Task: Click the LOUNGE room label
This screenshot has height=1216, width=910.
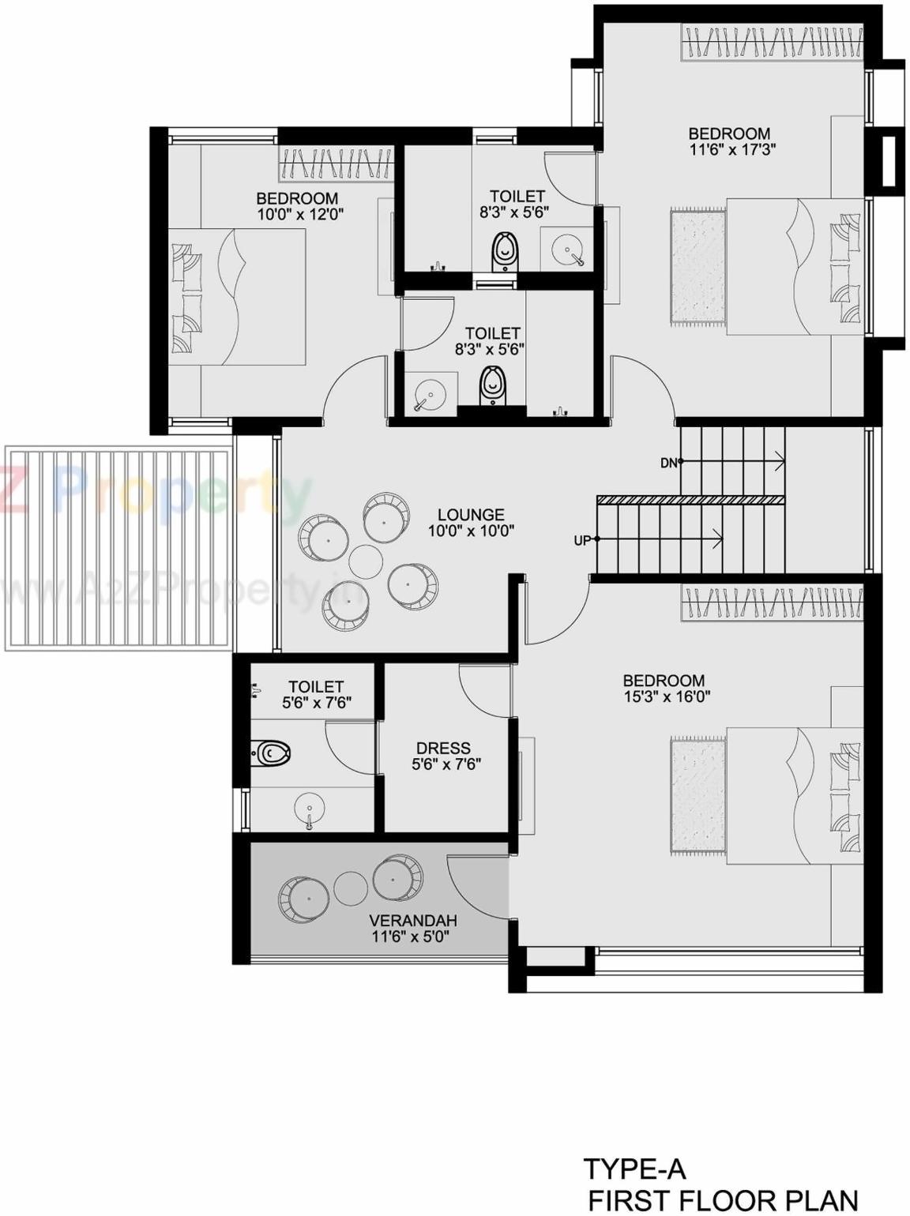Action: pos(471,515)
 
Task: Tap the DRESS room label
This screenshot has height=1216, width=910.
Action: pos(443,748)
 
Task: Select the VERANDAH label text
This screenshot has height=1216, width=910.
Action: pos(413,921)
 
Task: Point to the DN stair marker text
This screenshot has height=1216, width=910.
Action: pos(669,464)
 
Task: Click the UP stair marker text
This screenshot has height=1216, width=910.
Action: pos(582,541)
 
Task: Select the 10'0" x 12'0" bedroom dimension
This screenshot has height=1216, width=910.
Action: pos(300,213)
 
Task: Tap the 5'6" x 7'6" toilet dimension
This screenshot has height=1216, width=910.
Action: pos(316,702)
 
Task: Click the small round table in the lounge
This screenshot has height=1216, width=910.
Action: pos(366,561)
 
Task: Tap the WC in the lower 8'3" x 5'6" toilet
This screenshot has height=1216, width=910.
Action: pos(491,385)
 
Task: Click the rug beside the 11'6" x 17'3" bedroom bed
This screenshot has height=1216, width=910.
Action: pos(698,267)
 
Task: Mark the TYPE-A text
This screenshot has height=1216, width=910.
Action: pos(634,1169)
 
